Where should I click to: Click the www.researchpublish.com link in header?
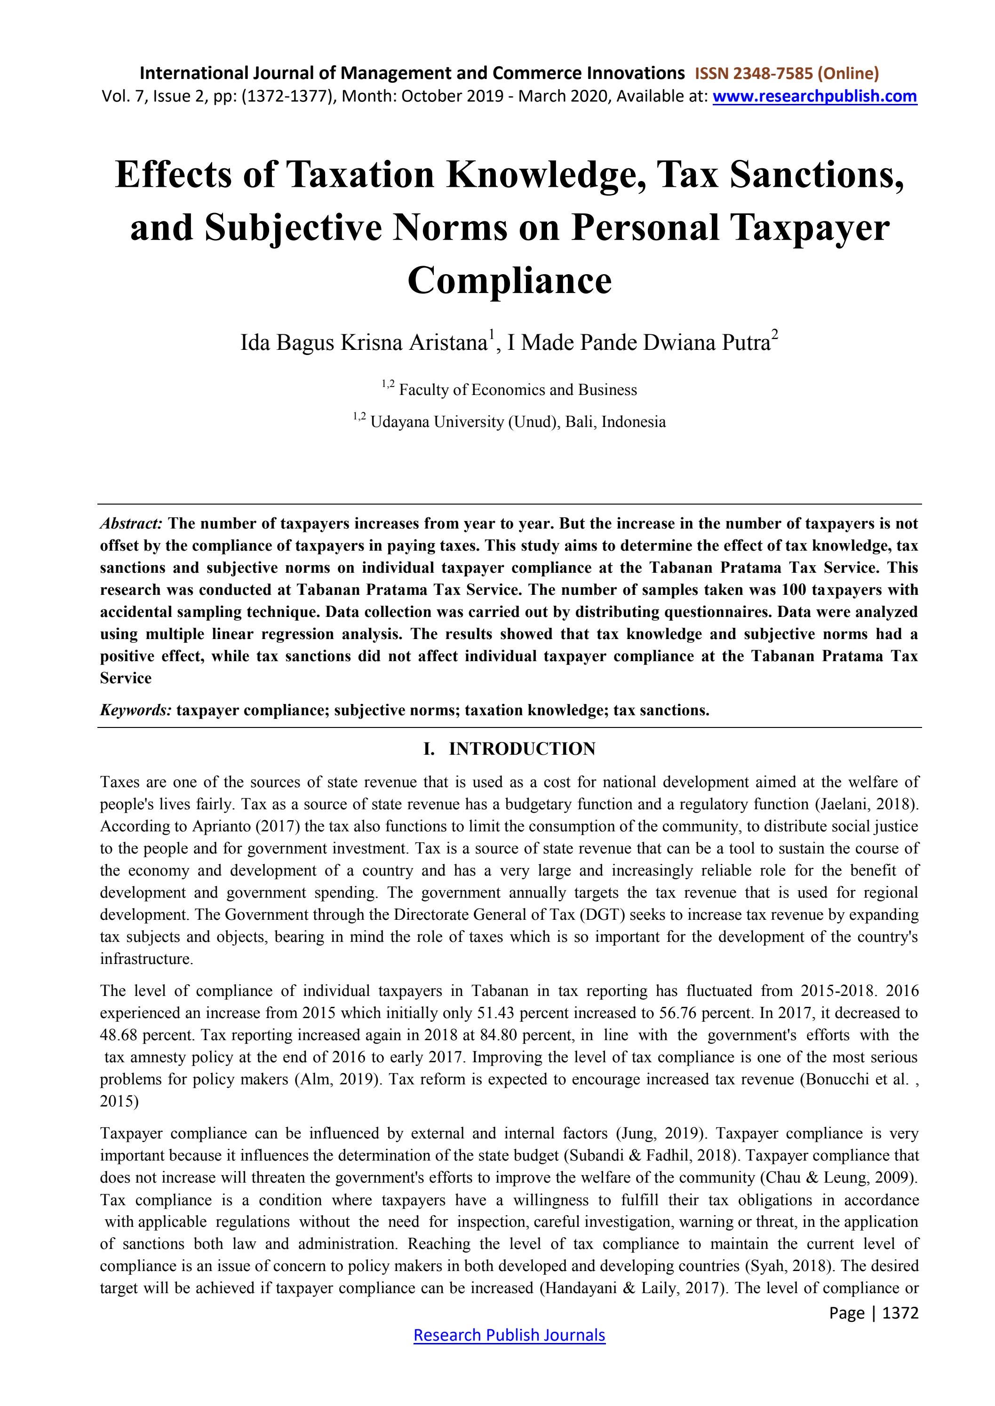click(814, 96)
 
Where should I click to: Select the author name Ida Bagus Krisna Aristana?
click(363, 342)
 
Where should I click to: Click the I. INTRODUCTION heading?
click(509, 749)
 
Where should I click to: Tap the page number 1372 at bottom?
click(900, 1312)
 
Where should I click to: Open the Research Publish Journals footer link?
click(509, 1335)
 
